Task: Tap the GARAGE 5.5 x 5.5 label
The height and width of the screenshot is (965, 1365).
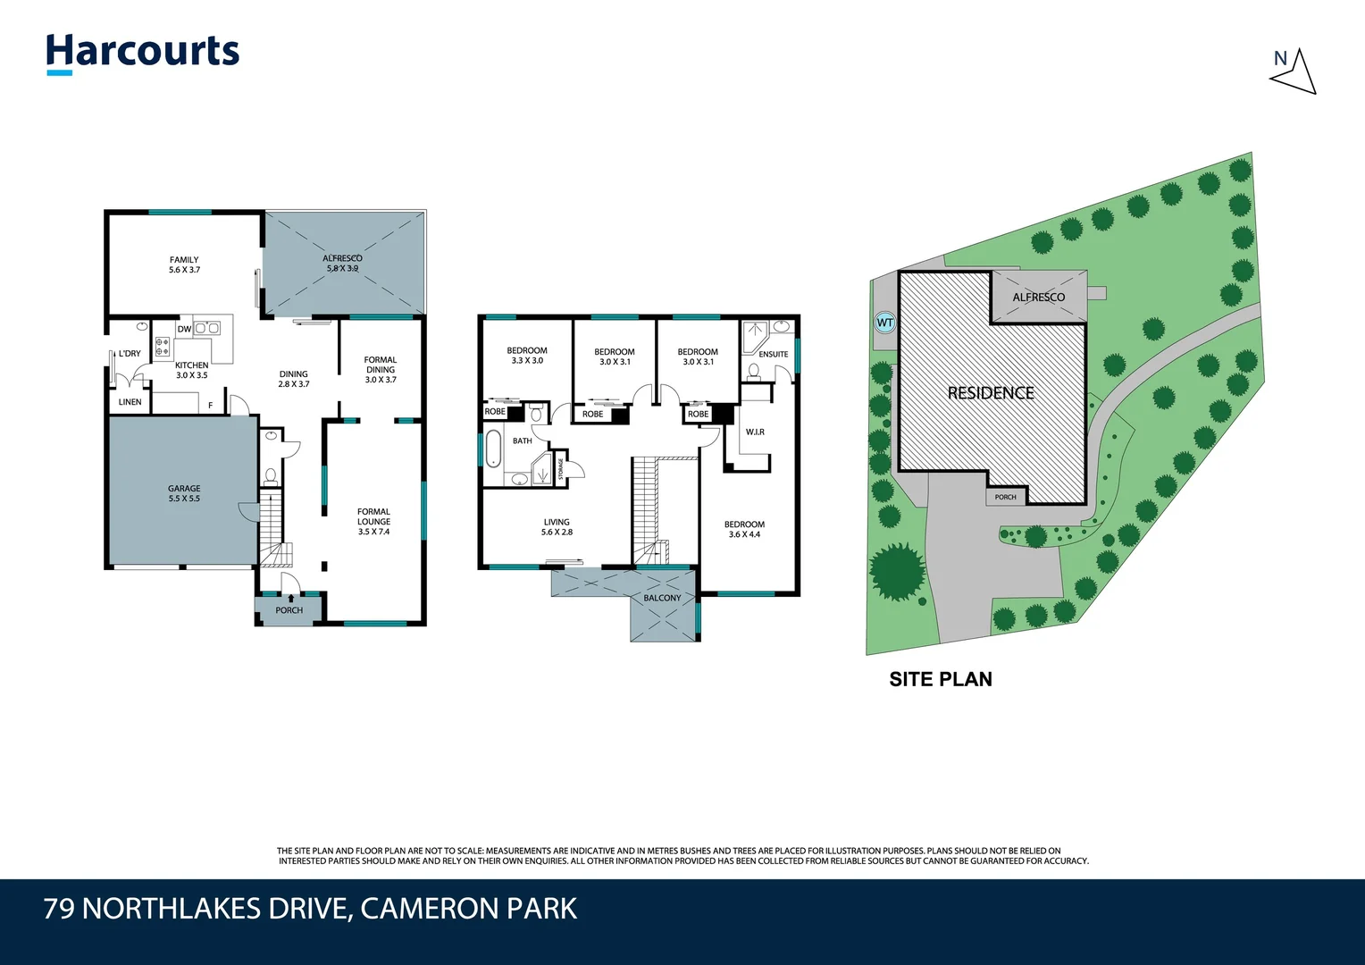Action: click(x=184, y=493)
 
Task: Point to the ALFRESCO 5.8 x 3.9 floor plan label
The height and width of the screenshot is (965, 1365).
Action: click(x=343, y=263)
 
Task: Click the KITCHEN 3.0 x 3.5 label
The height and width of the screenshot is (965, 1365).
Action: click(x=191, y=370)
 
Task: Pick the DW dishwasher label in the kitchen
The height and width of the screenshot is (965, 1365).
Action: click(x=184, y=329)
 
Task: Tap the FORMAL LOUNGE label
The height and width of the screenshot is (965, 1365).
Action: click(x=373, y=521)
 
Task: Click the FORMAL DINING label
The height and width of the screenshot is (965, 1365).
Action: click(x=381, y=369)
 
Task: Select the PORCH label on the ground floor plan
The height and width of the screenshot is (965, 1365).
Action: click(x=289, y=610)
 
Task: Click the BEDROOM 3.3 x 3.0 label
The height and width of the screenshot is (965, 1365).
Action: click(x=527, y=356)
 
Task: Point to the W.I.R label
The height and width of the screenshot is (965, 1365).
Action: click(x=755, y=432)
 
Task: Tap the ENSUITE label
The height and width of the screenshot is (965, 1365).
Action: click(x=774, y=354)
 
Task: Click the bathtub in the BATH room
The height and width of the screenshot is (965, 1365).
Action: click(x=493, y=449)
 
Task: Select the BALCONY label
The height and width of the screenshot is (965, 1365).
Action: click(x=662, y=598)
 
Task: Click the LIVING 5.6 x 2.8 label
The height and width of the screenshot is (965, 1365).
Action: click(x=557, y=527)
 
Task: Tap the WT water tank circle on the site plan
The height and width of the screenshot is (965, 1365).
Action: click(x=884, y=323)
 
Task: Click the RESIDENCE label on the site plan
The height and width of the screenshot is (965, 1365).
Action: click(x=991, y=392)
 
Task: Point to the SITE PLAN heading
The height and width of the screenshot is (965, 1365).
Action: click(x=941, y=679)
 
